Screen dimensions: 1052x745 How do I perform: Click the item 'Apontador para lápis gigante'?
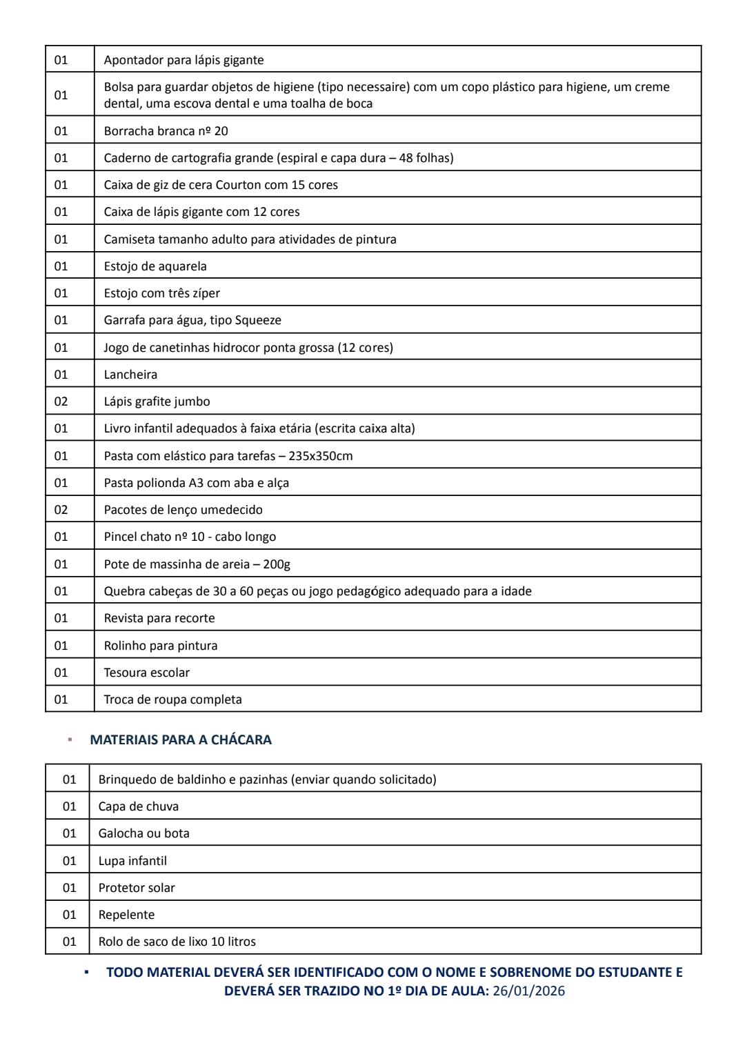coord(183,60)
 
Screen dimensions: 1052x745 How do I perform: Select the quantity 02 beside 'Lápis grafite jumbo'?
coord(61,401)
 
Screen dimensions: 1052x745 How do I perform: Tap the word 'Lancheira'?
coord(130,375)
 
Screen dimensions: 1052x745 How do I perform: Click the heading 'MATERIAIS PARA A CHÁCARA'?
coord(181,740)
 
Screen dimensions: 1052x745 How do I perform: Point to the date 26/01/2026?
coord(529,991)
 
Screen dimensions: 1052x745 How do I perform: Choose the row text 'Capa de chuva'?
coord(139,806)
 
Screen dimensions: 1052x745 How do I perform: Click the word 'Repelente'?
coord(126,915)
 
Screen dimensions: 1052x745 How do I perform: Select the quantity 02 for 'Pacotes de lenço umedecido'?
coord(61,510)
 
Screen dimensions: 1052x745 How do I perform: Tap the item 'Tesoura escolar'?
coord(146,673)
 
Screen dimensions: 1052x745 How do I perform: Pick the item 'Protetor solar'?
coord(137,888)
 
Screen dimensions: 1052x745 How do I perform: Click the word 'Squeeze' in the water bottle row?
coord(258,320)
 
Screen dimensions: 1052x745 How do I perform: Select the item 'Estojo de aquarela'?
coord(155,266)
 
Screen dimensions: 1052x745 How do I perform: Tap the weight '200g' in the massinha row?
coord(277,564)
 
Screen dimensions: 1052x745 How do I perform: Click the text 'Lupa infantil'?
coord(132,861)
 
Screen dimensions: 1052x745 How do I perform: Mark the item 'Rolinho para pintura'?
coord(161,646)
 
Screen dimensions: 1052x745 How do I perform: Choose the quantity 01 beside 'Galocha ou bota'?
coord(70,833)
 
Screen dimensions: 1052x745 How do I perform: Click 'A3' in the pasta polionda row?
coord(196,483)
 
